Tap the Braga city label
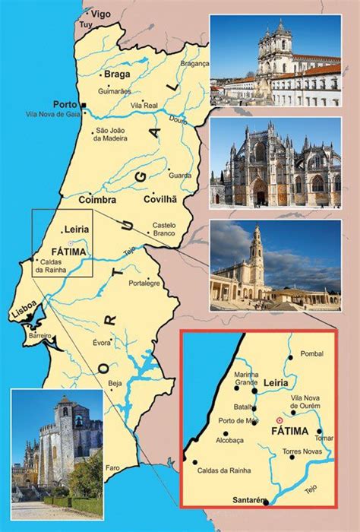coord(116,74)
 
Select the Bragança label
coord(194,64)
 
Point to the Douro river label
coord(177,120)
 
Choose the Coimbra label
coord(97,200)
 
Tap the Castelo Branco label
coord(164,230)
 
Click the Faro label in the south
coord(113,467)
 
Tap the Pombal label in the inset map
coord(311,354)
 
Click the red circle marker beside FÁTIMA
coord(279,420)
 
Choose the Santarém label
coord(251,499)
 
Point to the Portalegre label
coord(168,283)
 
